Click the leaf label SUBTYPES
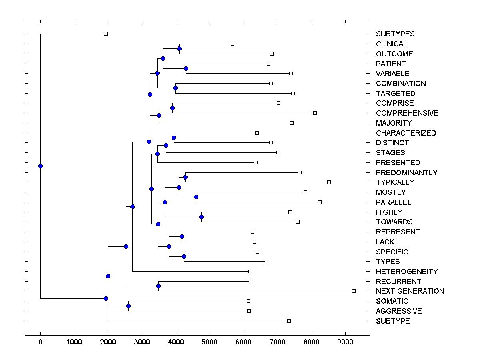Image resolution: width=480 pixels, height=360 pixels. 395,34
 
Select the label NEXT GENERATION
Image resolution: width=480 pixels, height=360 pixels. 410,291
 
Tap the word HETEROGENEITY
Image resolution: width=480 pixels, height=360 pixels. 407,272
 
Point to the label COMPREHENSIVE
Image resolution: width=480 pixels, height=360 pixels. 407,113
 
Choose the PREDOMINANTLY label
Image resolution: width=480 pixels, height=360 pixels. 406,173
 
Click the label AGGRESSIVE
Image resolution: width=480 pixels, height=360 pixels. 399,311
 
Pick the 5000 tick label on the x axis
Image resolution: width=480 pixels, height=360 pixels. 210,342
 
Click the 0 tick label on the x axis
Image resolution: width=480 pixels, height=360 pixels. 40,342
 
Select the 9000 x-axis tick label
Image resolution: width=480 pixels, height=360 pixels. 345,342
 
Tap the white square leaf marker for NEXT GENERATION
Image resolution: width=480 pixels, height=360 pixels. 354,291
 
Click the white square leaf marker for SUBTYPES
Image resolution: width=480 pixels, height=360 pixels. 106,34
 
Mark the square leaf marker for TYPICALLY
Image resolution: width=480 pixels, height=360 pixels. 329,182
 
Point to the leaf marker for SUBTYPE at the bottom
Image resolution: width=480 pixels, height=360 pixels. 289,321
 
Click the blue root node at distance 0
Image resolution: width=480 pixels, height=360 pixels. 40,166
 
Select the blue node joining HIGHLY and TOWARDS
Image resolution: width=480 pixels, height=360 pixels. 202,217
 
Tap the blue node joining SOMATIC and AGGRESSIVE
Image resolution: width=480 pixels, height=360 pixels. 128,306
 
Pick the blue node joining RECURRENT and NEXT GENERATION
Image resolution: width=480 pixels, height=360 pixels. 158,286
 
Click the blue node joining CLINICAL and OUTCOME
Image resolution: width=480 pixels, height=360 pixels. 179,48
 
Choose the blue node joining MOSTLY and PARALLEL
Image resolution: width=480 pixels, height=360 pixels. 196,197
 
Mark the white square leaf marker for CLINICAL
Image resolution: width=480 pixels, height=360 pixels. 232,44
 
